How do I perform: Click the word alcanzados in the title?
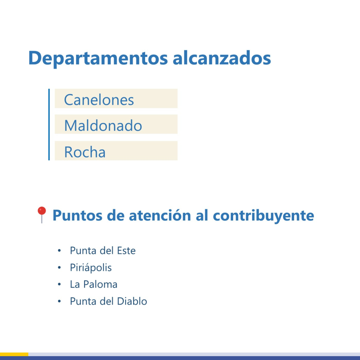(x=222, y=58)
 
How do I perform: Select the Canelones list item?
(x=99, y=100)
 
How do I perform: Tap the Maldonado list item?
(x=103, y=125)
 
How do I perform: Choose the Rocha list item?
(x=85, y=152)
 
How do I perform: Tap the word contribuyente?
(x=264, y=216)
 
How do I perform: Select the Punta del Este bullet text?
(x=102, y=251)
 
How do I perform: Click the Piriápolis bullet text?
(x=91, y=267)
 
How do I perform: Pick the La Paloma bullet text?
(x=93, y=284)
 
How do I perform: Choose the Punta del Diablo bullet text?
(x=108, y=301)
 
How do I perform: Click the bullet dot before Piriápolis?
(x=59, y=268)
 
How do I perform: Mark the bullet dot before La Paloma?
(x=59, y=285)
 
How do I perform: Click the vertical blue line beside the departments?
(x=49, y=125)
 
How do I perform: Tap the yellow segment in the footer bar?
(x=14, y=354)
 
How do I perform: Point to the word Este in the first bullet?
(x=123, y=251)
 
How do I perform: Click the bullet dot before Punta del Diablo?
(x=59, y=301)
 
